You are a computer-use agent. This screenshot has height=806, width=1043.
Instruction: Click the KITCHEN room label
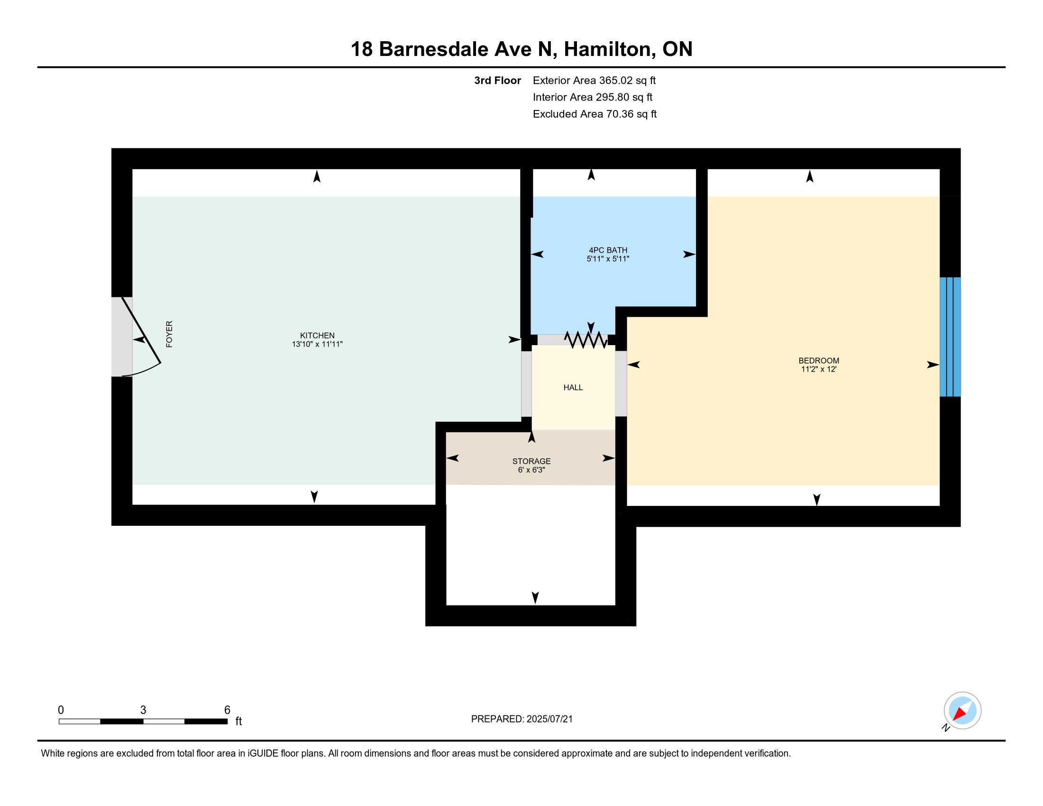[x=317, y=335]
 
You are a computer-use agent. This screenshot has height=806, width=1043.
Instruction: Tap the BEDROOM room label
[x=819, y=360]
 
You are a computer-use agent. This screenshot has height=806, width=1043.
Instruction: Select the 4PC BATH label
[x=608, y=250]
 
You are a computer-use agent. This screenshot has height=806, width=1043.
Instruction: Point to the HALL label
[x=573, y=387]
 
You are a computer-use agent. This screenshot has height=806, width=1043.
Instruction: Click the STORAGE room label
[x=531, y=461]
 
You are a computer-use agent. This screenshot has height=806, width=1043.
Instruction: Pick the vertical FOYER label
[x=169, y=334]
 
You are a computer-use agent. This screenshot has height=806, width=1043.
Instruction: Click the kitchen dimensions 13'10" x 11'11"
[x=317, y=344]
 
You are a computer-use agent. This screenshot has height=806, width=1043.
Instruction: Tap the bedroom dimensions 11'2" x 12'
[x=819, y=369]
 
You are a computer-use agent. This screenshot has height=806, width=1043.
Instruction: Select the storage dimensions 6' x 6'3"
[x=531, y=470]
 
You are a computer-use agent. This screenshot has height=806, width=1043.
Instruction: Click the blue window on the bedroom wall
[x=950, y=337]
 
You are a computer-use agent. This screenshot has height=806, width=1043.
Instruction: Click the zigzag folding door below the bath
[x=586, y=339]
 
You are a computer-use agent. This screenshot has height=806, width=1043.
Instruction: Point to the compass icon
[x=962, y=711]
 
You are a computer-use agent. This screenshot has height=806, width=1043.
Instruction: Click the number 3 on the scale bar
[x=143, y=710]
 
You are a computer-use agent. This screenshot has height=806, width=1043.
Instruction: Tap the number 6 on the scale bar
[x=227, y=710]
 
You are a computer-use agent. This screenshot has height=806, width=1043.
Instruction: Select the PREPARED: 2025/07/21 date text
[x=521, y=719]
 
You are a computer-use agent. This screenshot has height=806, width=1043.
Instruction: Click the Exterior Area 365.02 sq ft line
[x=594, y=80]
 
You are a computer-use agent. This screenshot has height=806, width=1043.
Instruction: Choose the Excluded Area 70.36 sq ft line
[x=595, y=114]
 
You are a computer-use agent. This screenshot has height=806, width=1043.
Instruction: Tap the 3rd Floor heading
[x=497, y=80]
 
